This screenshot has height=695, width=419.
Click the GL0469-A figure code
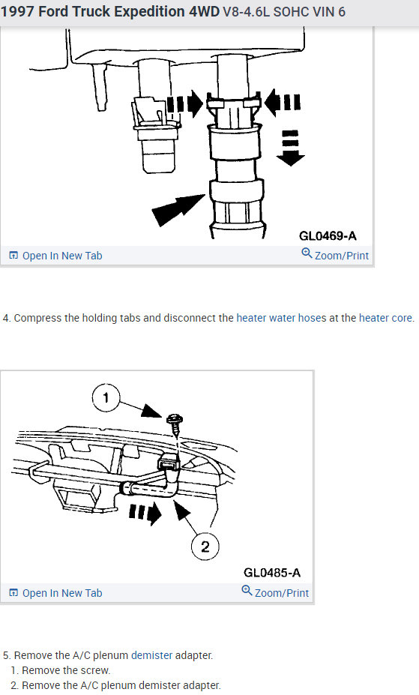[x=328, y=235]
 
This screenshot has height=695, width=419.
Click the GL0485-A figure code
[x=272, y=573]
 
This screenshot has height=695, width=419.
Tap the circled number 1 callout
[x=106, y=397]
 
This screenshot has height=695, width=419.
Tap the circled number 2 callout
[x=205, y=546]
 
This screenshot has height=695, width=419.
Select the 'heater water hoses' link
[x=281, y=318]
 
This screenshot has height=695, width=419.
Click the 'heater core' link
[x=385, y=318]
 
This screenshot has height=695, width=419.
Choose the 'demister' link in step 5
[x=151, y=655]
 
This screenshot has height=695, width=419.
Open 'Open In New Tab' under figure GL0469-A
[x=55, y=256]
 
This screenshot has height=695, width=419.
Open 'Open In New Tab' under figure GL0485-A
[x=55, y=593]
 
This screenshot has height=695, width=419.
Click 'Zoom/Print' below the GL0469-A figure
[x=335, y=255]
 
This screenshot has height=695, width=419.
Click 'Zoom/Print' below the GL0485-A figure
[x=275, y=592]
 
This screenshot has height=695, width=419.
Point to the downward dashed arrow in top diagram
[x=291, y=148]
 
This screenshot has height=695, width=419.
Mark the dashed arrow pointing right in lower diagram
[x=145, y=513]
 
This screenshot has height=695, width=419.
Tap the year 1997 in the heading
[x=17, y=11]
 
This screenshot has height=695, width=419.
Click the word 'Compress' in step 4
[x=37, y=318]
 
